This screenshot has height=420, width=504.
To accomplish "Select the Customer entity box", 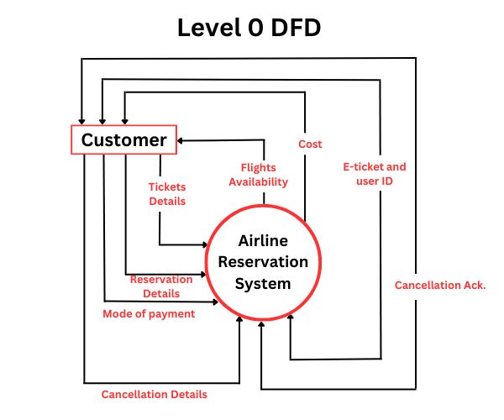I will [x=123, y=139].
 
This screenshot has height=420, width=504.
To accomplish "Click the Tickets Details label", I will [x=167, y=194].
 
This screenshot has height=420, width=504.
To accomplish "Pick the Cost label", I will [x=310, y=144].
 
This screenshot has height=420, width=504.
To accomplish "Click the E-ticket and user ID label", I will [x=375, y=174].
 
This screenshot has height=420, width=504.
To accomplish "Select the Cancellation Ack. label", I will [x=440, y=286].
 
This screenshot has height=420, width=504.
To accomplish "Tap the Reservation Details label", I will [x=160, y=286].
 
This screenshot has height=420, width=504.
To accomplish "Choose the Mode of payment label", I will [x=149, y=313].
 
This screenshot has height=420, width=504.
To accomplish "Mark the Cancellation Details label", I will [x=154, y=394].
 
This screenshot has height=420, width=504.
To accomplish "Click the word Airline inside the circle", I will [x=263, y=240].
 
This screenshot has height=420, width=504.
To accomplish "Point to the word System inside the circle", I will [x=263, y=283].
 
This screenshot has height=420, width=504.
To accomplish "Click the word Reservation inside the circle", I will [x=263, y=261].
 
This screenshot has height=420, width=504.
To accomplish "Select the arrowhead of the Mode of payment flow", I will [x=222, y=301].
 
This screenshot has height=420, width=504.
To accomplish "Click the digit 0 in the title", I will [x=253, y=28].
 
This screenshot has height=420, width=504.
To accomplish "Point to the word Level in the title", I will [x=206, y=28].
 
